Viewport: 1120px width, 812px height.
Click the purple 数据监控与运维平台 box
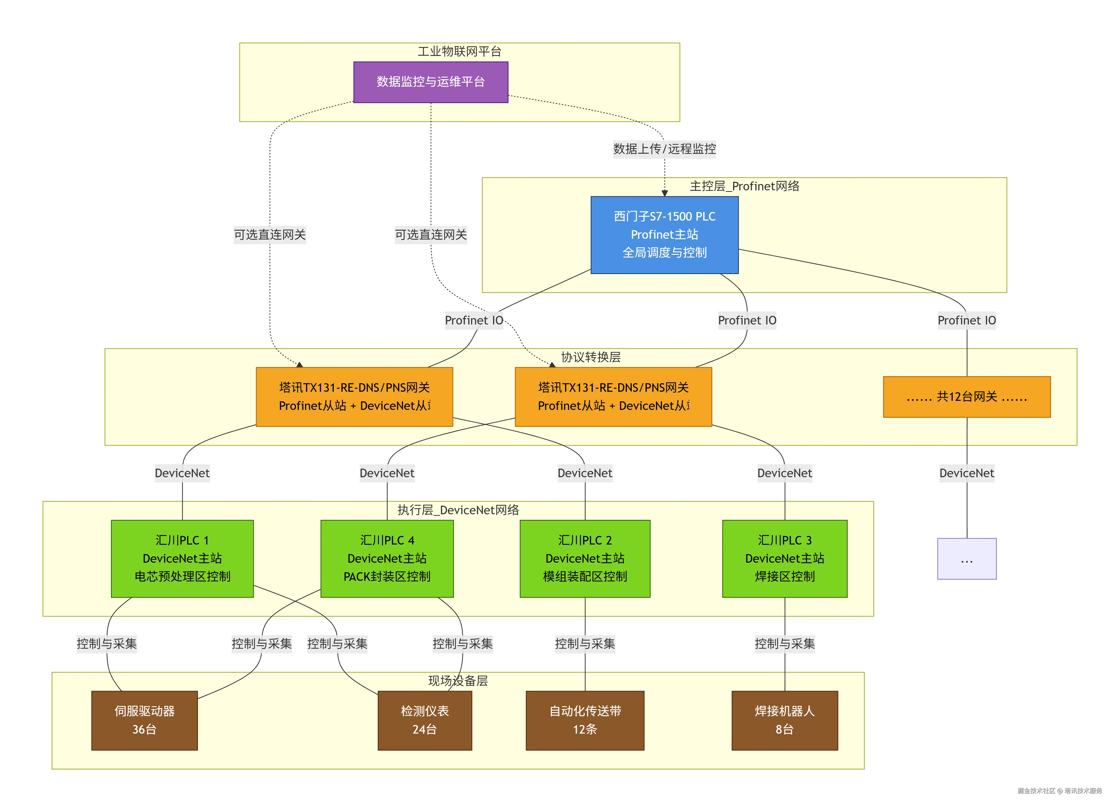431,82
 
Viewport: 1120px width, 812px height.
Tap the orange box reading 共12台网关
967,397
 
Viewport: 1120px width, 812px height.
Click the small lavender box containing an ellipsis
967,559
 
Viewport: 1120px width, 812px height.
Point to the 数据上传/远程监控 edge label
664,149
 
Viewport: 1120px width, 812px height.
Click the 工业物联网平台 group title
459,51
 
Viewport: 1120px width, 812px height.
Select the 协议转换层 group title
590,357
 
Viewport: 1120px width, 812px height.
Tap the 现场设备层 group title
458,681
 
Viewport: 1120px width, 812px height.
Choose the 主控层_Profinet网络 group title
744,186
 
